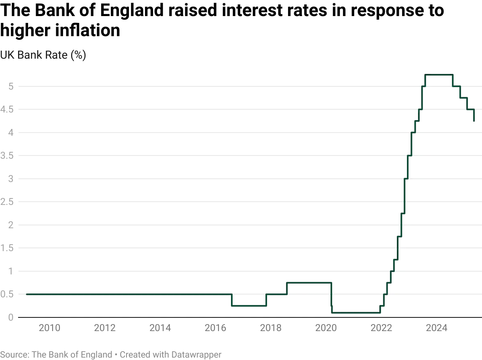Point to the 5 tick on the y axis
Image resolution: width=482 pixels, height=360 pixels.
[11, 85]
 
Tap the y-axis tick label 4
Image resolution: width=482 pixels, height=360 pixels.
[11, 133]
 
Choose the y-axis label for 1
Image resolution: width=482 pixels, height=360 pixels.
[11, 271]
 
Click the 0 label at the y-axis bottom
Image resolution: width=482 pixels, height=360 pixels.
[11, 317]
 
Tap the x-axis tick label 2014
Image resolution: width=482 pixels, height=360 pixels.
[160, 328]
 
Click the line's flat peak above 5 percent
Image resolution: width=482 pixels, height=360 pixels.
[440, 75]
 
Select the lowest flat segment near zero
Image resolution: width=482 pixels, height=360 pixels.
[355, 312]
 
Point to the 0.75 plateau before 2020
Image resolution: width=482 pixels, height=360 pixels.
[309, 281]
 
